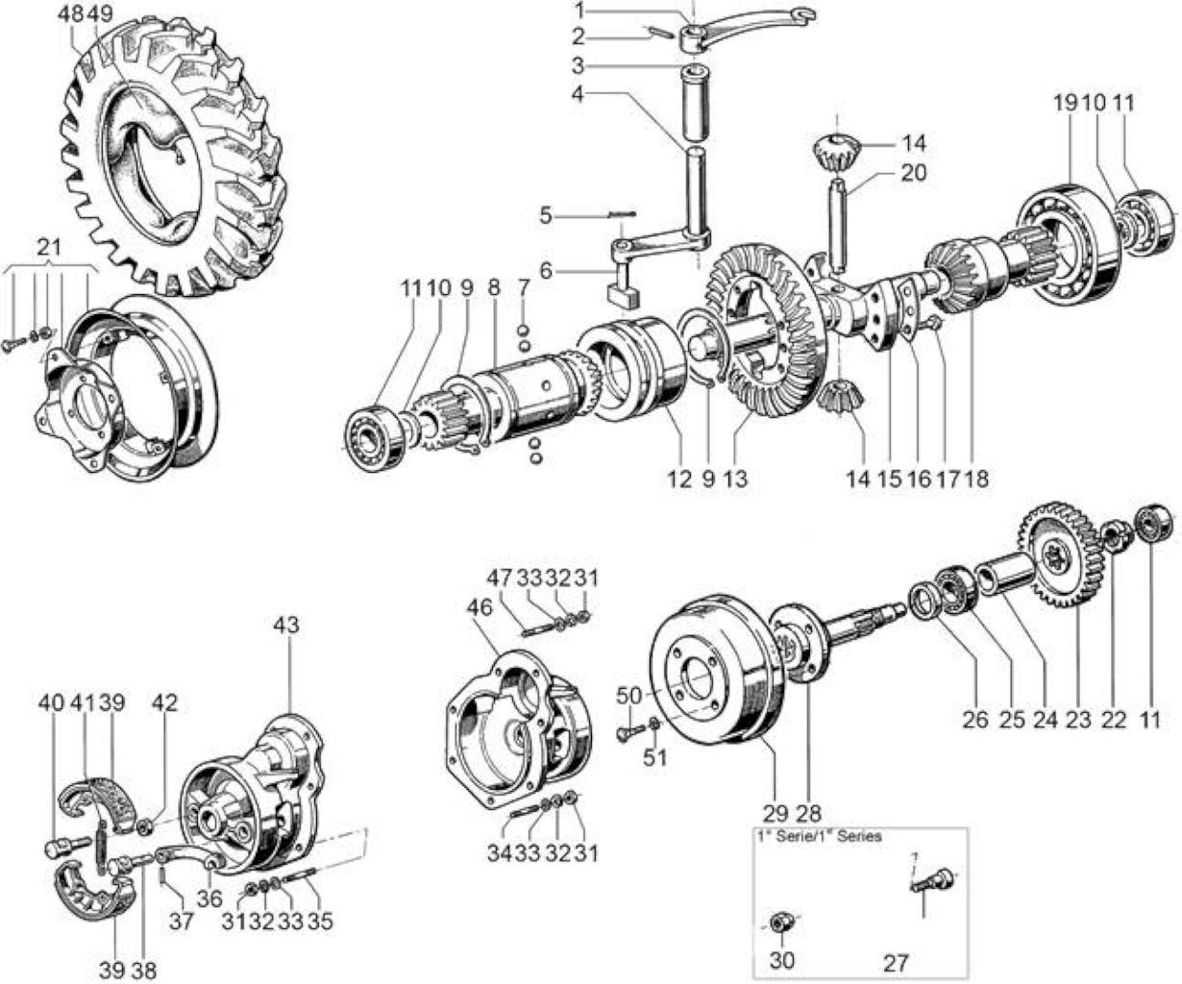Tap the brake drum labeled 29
(x=713, y=671)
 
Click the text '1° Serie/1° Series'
(x=819, y=836)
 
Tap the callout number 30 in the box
(x=782, y=960)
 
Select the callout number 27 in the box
(x=895, y=963)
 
